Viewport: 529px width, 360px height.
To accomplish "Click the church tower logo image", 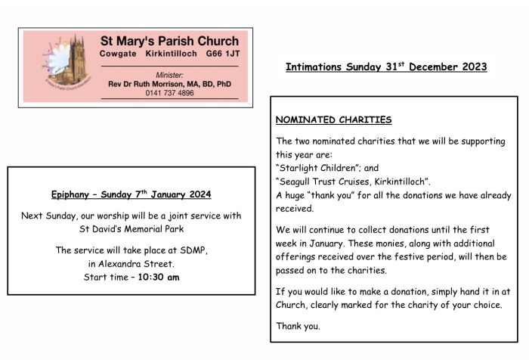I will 55,66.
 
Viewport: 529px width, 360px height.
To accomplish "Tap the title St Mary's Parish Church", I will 169,41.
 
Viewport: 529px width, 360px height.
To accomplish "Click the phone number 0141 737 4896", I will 169,93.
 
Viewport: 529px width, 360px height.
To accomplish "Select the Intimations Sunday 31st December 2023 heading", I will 386,67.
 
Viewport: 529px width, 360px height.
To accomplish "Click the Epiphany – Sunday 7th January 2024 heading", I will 131,194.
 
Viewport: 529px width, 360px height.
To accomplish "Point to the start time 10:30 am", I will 159,277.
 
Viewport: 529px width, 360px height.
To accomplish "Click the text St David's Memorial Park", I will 131,228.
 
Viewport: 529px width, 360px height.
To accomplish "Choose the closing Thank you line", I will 298,327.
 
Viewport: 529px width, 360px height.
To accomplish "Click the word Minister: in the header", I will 169,75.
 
